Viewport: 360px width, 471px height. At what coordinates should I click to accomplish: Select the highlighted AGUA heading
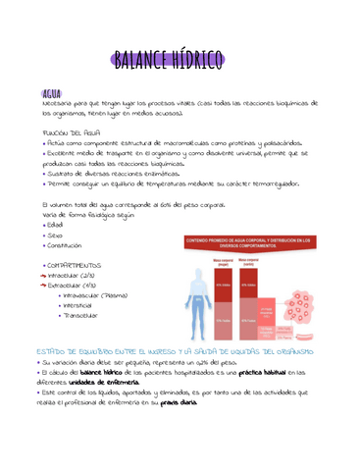tap(45, 93)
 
